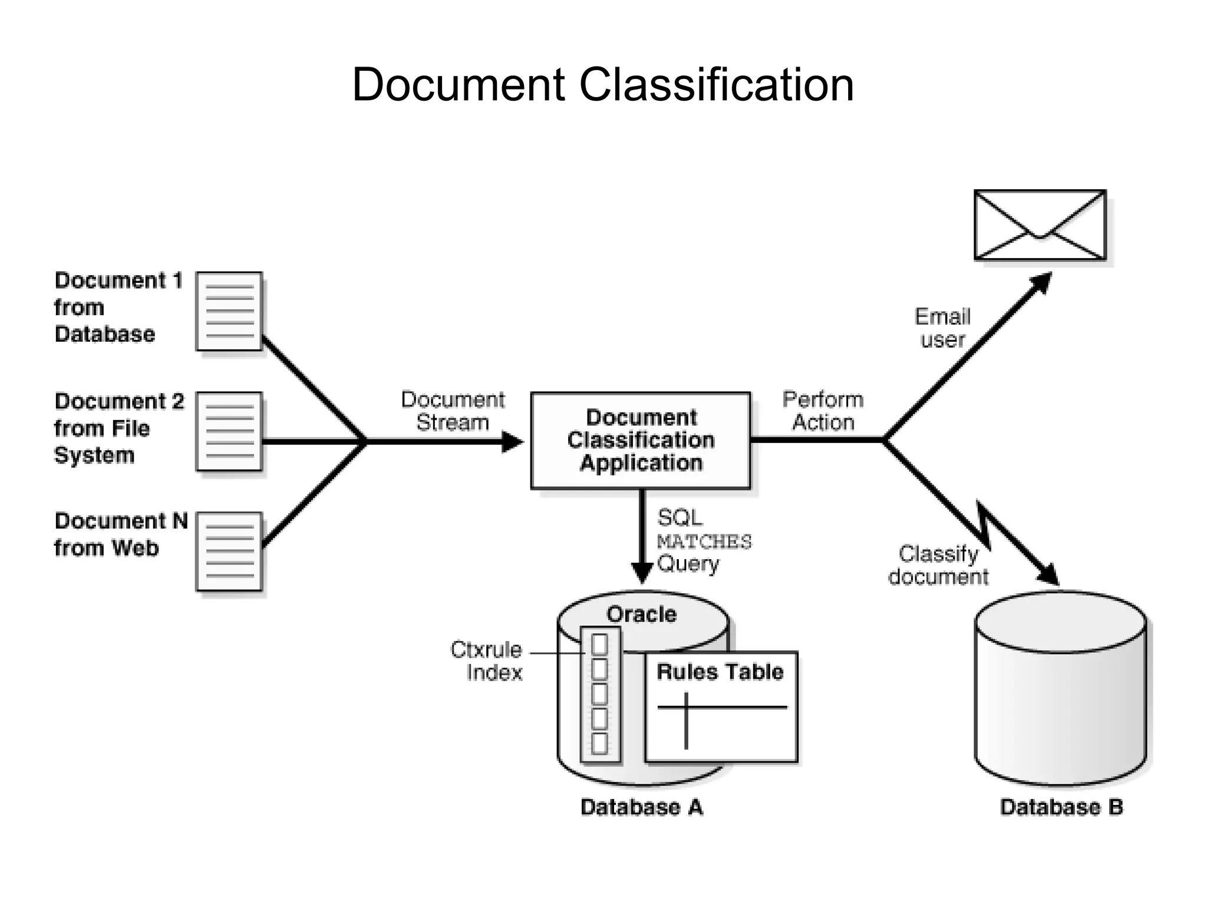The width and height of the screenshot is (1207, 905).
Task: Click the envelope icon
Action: (1040, 224)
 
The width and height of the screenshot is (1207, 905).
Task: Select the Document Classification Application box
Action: (641, 440)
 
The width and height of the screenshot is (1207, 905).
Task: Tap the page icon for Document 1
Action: (229, 311)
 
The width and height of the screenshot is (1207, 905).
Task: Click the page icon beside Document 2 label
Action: (229, 431)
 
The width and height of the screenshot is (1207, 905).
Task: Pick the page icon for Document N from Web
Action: (229, 551)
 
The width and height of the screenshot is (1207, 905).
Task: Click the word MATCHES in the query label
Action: (704, 541)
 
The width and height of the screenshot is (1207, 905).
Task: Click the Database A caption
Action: (641, 807)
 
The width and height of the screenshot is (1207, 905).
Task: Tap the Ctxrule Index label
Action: (487, 660)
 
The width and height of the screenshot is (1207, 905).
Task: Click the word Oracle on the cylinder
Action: (641, 614)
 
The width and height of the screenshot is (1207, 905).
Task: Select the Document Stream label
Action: (453, 411)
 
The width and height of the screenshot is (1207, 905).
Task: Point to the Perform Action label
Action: (823, 411)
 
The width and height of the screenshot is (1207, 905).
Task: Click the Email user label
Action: (942, 328)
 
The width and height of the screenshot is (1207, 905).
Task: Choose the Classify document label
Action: (938, 565)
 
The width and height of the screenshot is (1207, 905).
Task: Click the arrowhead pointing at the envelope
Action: (1041, 282)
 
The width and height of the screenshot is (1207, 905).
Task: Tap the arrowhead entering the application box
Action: (512, 441)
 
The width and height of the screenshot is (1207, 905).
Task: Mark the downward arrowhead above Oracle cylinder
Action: (641, 572)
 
